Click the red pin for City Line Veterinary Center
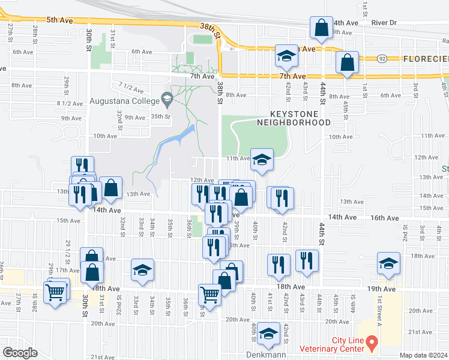pyautogui.click(x=372, y=344)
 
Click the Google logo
pyautogui.click(x=20, y=353)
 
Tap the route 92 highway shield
pyautogui.click(x=382, y=59)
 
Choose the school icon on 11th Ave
pyautogui.click(x=262, y=160)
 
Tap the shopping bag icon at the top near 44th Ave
pyautogui.click(x=321, y=28)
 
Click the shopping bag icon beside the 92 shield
pyautogui.click(x=348, y=62)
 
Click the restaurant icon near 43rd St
pyautogui.click(x=307, y=261)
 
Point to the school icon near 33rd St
pyautogui.click(x=142, y=270)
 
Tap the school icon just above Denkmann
pyautogui.click(x=268, y=334)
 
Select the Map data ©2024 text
pyautogui.click(x=423, y=355)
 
